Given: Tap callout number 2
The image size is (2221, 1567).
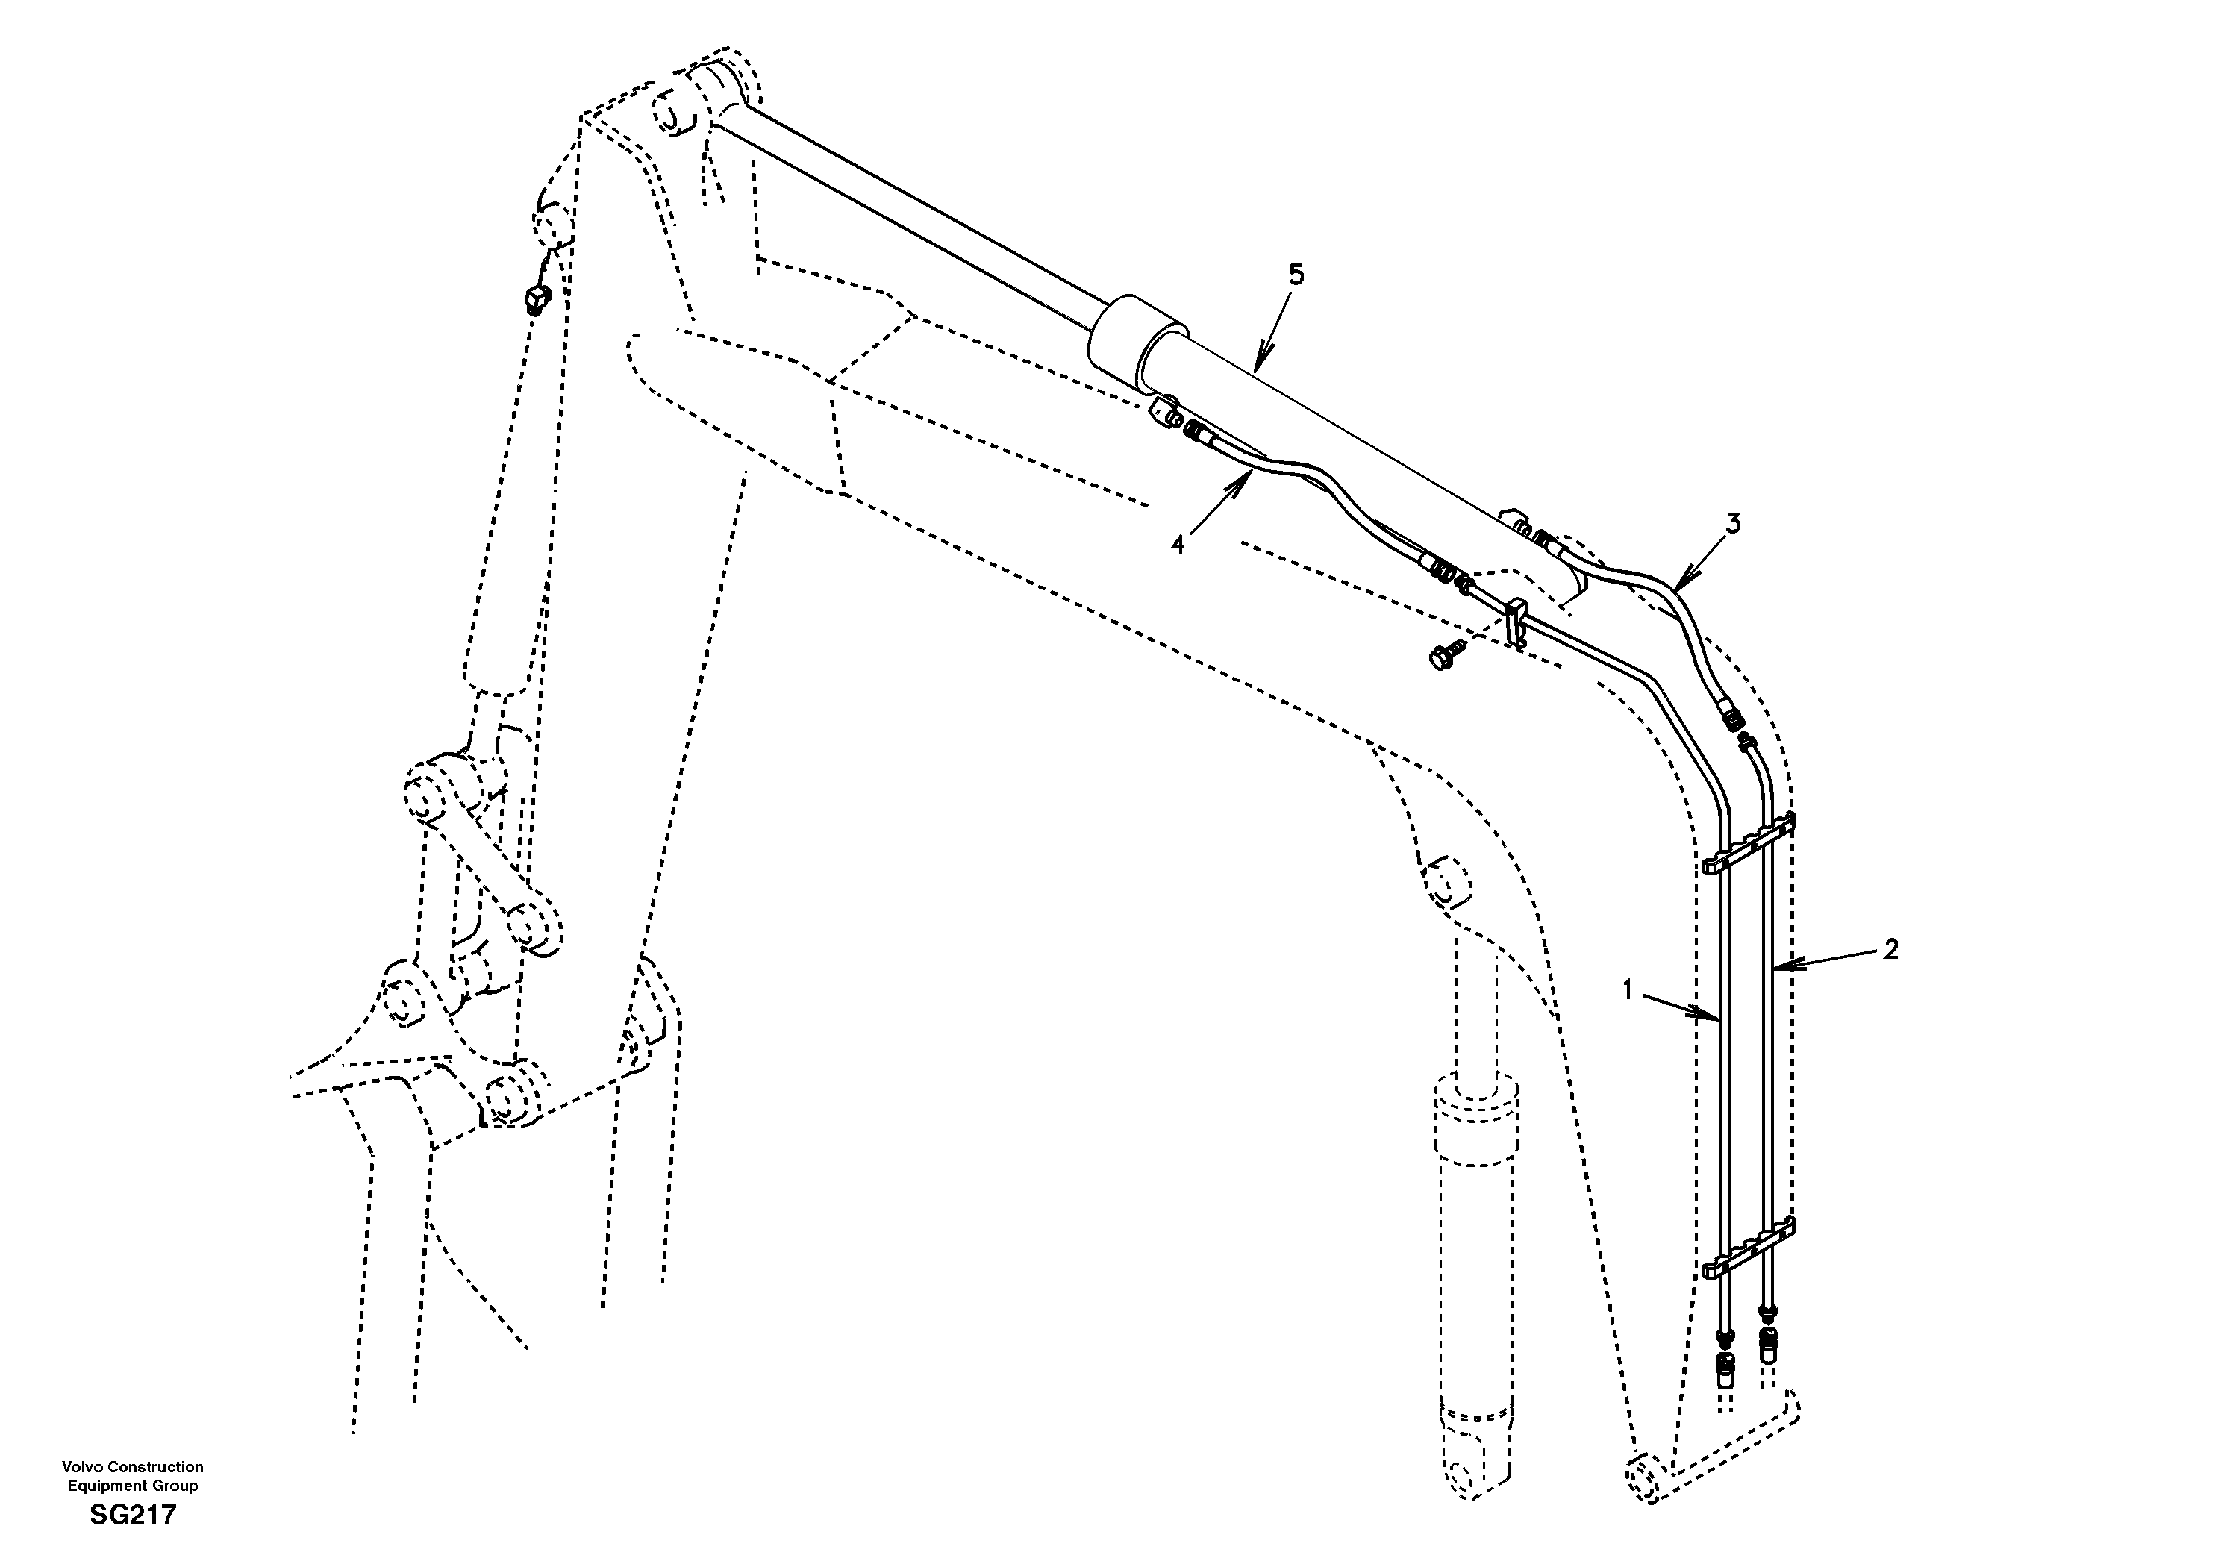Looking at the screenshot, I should click(x=1891, y=949).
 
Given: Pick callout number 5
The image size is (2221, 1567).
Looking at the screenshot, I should click(x=1296, y=275).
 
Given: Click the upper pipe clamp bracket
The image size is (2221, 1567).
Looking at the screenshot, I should click(x=1749, y=843).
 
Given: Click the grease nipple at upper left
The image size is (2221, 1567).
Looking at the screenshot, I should click(x=536, y=299).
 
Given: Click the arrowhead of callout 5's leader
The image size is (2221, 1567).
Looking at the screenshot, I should click(x=1255, y=369).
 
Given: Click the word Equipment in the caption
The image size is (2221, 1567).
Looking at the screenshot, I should click(x=105, y=1486).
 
